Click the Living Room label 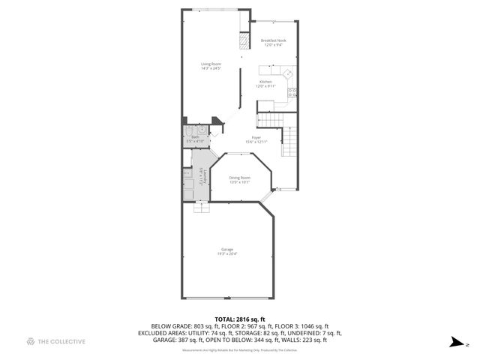(211, 64)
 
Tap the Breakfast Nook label (273, 40)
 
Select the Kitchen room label (265, 81)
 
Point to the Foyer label (256, 137)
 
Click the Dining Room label (239, 177)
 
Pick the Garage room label (226, 249)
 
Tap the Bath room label (195, 137)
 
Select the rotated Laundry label (201, 176)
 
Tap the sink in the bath (202, 130)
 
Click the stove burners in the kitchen (292, 93)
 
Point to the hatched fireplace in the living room (243, 41)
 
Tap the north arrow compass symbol (455, 343)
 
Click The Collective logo (55, 341)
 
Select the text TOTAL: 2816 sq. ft (239, 319)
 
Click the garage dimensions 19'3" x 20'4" (226, 254)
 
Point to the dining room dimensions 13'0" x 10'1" (239, 182)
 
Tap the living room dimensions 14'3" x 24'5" (211, 70)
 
